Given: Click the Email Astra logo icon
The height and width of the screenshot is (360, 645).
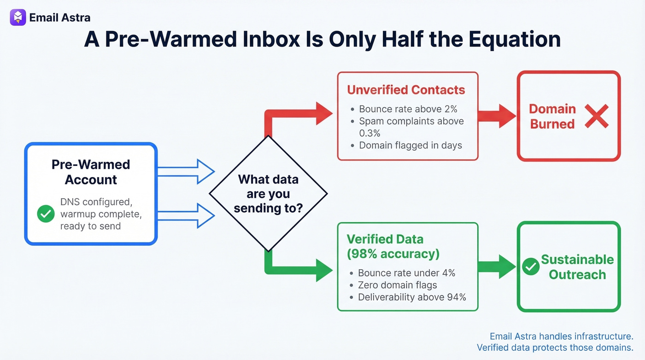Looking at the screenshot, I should [x=18, y=18].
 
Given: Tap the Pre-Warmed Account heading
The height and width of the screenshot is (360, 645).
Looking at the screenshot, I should [x=91, y=172].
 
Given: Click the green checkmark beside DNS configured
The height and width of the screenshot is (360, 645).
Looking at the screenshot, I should [x=46, y=214].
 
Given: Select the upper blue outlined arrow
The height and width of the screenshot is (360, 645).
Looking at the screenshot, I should [x=186, y=172].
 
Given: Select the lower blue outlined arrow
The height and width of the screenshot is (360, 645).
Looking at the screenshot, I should [x=186, y=215].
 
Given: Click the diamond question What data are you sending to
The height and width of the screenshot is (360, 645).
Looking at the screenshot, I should [x=268, y=194].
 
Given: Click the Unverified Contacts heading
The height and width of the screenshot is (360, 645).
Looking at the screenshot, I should [x=406, y=89].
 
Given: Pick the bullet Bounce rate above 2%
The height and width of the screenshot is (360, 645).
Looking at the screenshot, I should [x=408, y=109].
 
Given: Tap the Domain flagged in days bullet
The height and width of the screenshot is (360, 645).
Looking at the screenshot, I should [x=410, y=145].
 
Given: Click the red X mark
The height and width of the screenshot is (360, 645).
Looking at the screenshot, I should [x=597, y=116].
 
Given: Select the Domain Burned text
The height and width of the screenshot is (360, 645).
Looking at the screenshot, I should [x=552, y=116].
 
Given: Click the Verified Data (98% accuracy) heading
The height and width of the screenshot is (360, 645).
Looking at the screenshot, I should [x=393, y=246].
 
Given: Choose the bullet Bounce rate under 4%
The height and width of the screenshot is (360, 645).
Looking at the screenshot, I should [x=407, y=273].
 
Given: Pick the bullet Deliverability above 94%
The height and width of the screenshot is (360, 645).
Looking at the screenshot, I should [x=412, y=297].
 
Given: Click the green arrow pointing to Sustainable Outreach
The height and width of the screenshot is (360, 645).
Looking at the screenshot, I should [x=497, y=267].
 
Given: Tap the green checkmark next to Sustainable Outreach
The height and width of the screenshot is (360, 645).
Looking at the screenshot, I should [x=531, y=267].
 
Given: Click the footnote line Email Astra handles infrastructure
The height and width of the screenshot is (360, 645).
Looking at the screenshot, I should [x=561, y=336].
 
